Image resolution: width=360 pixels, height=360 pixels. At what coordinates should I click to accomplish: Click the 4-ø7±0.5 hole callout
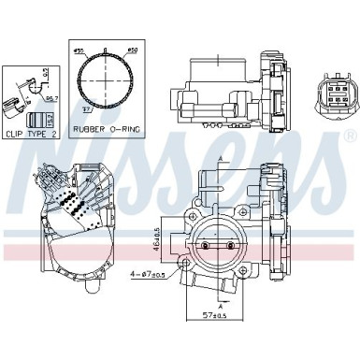pos(159,275)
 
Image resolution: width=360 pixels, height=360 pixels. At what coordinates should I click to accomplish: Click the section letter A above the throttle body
pos(221,160)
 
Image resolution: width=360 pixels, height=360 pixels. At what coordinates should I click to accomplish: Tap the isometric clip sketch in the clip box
pos(17,94)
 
